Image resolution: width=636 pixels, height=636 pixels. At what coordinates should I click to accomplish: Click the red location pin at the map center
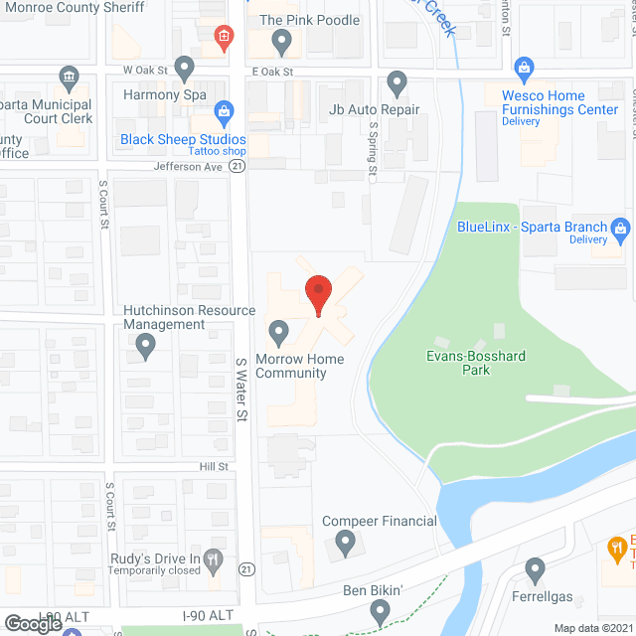click(x=318, y=293)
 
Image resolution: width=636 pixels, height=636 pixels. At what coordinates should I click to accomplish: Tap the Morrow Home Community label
click(x=300, y=366)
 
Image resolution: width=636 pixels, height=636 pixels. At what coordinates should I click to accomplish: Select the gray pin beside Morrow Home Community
click(x=279, y=331)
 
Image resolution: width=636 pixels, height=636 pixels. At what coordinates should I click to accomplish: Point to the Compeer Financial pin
click(x=345, y=542)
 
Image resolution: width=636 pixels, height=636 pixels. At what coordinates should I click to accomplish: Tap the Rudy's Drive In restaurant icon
click(x=213, y=558)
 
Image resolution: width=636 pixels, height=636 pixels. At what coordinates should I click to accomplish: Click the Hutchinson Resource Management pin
click(x=146, y=346)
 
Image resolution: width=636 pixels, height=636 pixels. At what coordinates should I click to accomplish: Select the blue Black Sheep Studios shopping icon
click(x=225, y=110)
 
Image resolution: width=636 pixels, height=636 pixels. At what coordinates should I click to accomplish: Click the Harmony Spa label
click(x=164, y=94)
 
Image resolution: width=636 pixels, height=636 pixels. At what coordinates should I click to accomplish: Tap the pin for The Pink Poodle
click(x=281, y=42)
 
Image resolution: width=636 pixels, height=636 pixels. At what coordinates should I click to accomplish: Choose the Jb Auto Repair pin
click(x=397, y=82)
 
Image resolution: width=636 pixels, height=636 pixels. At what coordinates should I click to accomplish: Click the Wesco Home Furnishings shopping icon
click(x=524, y=69)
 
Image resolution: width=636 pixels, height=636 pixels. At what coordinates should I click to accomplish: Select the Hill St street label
click(x=214, y=466)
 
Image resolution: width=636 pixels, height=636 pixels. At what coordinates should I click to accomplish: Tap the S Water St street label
click(x=240, y=390)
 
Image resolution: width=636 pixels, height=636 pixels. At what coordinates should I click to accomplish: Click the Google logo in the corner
click(x=32, y=624)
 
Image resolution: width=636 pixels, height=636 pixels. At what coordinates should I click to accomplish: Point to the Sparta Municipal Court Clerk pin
click(x=69, y=78)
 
